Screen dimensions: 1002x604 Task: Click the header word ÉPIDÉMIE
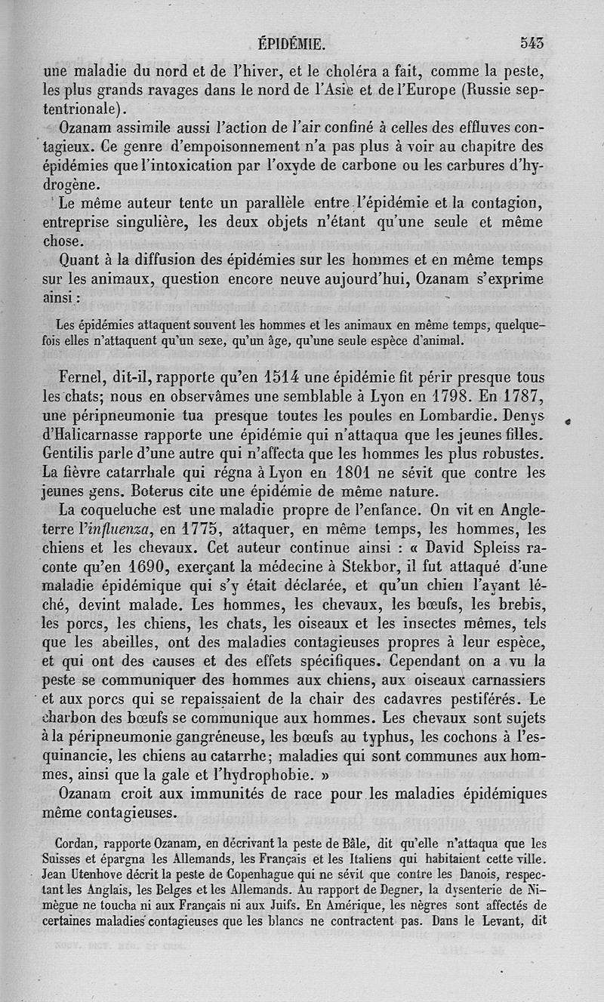tap(291, 44)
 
